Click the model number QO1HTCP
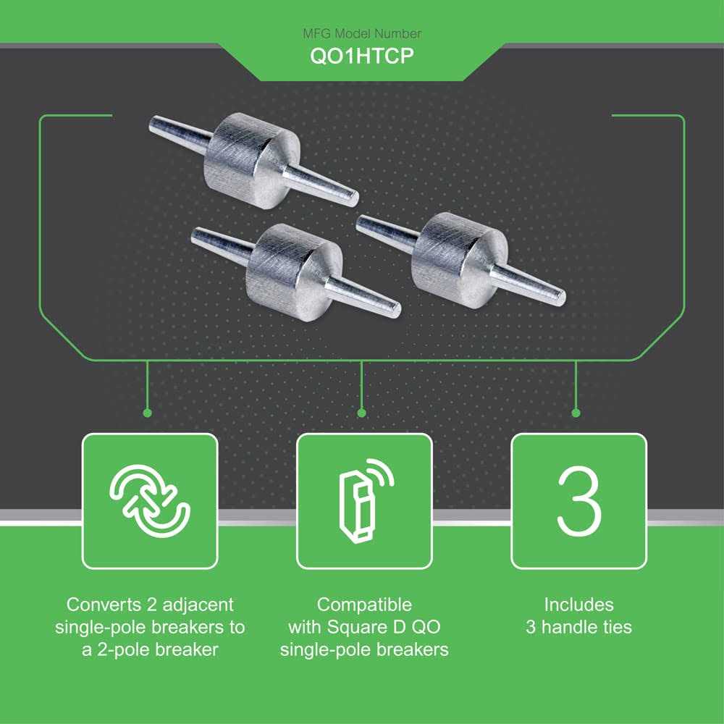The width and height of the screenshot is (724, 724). (361, 56)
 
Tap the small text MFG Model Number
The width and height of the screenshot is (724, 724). (362, 33)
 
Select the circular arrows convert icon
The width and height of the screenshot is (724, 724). (150, 501)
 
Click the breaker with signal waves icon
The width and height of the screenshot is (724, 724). (365, 500)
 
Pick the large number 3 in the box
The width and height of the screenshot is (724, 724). (579, 500)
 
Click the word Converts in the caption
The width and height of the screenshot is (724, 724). (104, 605)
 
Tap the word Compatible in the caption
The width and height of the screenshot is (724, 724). (364, 605)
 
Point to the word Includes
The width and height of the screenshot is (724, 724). (578, 605)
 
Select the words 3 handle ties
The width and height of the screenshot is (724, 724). (578, 627)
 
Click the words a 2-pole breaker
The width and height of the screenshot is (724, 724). (150, 649)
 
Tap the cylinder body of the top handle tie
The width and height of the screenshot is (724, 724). (252, 160)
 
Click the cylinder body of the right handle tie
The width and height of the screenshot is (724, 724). (460, 260)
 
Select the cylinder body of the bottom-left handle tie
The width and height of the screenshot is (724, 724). (294, 271)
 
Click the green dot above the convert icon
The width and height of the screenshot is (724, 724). (147, 413)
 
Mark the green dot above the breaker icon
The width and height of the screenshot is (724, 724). (361, 413)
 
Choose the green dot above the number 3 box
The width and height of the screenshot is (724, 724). (576, 413)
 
